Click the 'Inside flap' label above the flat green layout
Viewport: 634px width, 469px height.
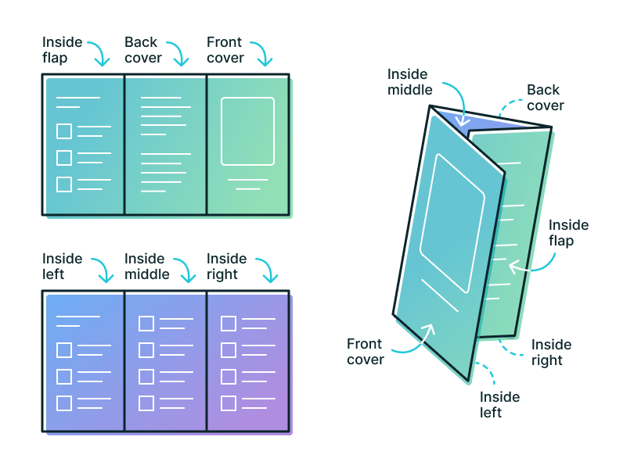click(61, 50)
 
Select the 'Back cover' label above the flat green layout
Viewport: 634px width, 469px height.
click(142, 50)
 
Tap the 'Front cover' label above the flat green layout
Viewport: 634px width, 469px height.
click(225, 50)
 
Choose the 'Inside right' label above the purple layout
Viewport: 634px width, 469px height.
click(226, 267)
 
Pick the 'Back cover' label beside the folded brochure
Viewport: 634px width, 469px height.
click(545, 98)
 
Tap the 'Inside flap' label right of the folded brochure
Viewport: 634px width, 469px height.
click(568, 233)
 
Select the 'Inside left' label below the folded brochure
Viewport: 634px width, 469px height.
click(499, 405)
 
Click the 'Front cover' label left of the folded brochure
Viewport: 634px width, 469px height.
click(365, 352)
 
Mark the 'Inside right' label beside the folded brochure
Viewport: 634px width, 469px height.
click(551, 353)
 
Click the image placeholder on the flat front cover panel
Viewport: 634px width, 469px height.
click(247, 131)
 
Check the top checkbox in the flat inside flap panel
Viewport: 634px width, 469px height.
click(64, 131)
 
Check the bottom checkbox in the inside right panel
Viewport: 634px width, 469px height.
click(229, 403)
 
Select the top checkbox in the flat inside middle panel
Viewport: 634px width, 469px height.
click(146, 324)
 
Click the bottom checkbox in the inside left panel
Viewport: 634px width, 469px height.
click(64, 403)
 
